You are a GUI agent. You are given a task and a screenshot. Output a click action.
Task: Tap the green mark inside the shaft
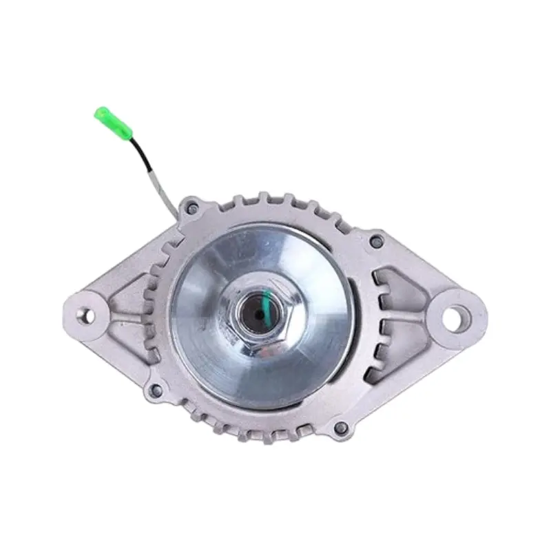(x=262, y=303)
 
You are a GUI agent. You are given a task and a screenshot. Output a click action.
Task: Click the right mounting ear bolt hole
(x=453, y=318)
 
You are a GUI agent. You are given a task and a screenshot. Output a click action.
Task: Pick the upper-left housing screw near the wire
(x=194, y=207)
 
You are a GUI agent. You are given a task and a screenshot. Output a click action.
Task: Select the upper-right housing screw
(x=375, y=242)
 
